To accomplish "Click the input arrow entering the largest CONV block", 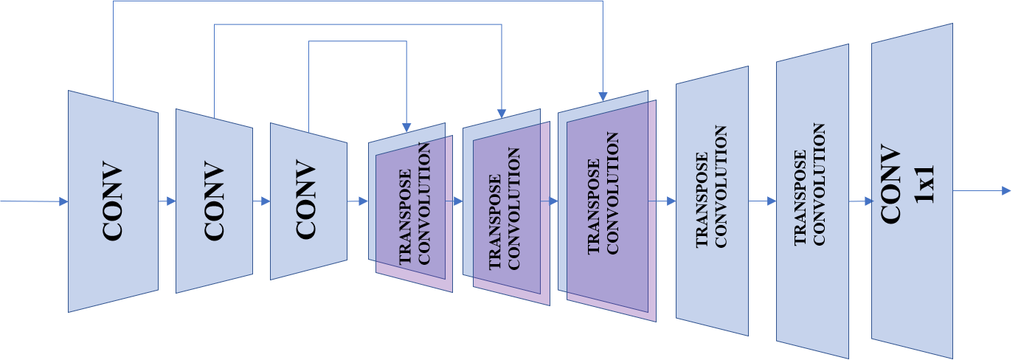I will pyautogui.click(x=34, y=201).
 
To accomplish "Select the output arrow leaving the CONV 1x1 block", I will pyautogui.click(x=982, y=191).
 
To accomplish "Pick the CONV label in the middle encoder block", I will pyautogui.click(x=214, y=201).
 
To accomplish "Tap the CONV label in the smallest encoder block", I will pyautogui.click(x=307, y=201).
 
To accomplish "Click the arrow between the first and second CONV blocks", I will pyautogui.click(x=167, y=201).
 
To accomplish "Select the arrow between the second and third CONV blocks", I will pyautogui.click(x=262, y=201).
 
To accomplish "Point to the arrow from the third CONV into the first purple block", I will pyautogui.click(x=358, y=201).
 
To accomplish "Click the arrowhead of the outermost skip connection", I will pyautogui.click(x=603, y=97).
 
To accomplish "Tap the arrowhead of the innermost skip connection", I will pyautogui.click(x=406, y=128).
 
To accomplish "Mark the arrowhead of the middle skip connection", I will pyautogui.click(x=502, y=113).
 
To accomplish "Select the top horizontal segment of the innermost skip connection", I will pyautogui.click(x=357, y=42).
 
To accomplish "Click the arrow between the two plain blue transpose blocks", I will pyautogui.click(x=763, y=201).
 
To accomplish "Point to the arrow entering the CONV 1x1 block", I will pyautogui.click(x=860, y=201).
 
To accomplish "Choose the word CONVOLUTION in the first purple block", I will pyautogui.click(x=425, y=204).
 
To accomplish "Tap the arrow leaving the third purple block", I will pyautogui.click(x=662, y=201).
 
